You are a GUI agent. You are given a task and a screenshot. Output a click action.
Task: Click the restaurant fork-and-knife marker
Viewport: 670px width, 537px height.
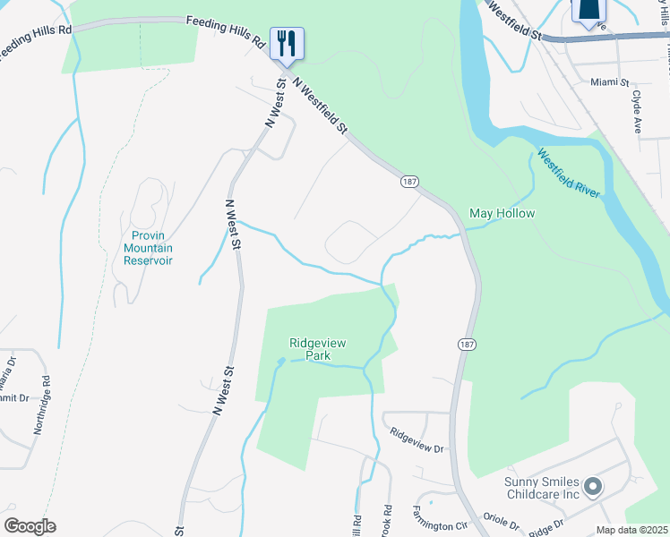point(287,44)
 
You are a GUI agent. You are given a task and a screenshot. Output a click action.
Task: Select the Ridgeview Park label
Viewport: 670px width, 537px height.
point(317,349)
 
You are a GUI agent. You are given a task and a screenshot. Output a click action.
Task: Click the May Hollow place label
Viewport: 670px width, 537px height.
point(502,214)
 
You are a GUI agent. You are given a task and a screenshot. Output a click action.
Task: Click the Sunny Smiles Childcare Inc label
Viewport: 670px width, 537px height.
point(543,488)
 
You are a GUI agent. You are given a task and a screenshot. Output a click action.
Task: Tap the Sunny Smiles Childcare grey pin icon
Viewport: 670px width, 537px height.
point(592,488)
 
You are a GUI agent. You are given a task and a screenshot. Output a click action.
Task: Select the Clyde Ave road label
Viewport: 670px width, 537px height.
point(637,111)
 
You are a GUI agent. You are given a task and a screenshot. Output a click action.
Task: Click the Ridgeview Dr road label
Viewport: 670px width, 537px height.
point(417,440)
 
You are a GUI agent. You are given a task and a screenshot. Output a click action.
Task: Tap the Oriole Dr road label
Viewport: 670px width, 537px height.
point(502,520)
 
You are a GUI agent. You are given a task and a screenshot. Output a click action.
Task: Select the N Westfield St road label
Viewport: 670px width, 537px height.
point(320,106)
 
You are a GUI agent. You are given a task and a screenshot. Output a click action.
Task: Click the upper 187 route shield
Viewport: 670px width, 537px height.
point(409,182)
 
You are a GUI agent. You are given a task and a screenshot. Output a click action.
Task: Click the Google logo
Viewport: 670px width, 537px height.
point(30,526)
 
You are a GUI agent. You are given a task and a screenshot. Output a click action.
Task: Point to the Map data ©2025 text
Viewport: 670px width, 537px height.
point(631,530)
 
